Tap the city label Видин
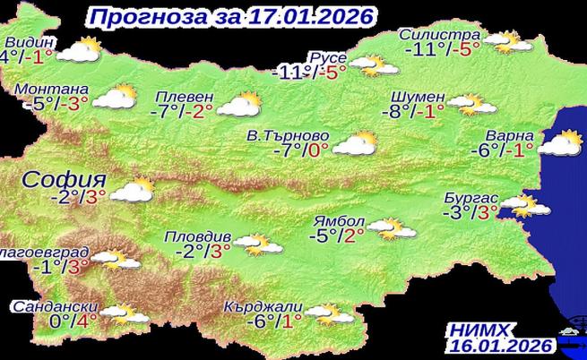point(30,42)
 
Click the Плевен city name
point(184,97)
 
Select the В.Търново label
point(284,136)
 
